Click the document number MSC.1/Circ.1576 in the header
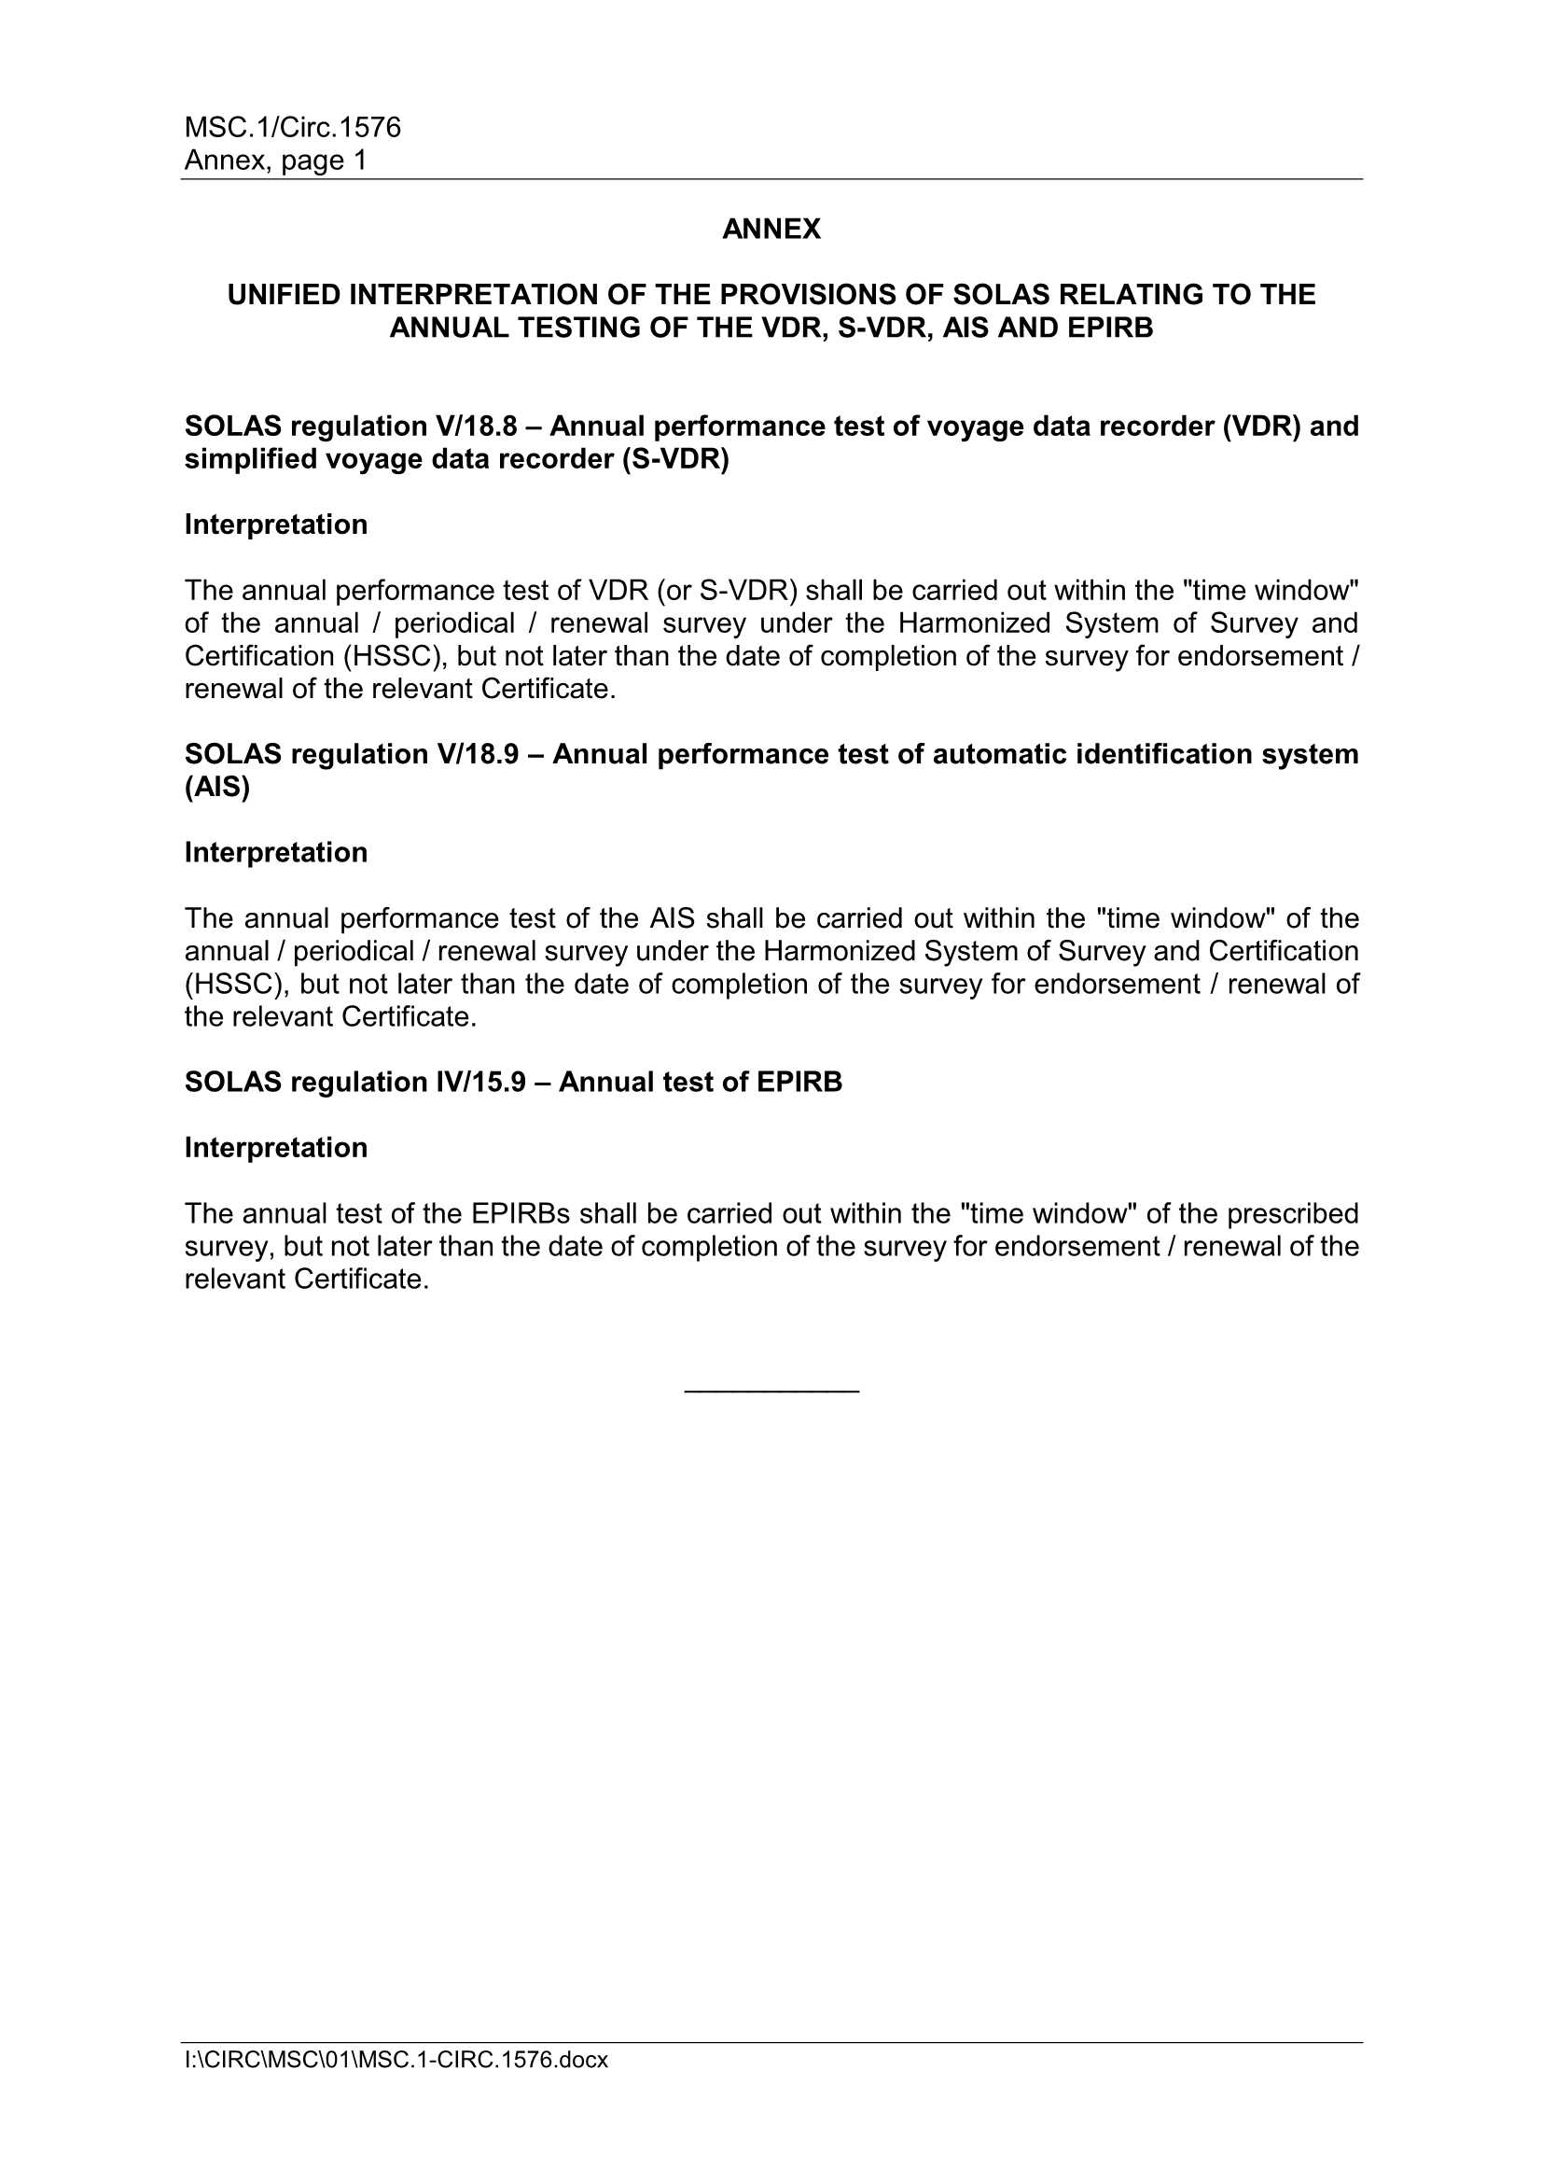(x=293, y=127)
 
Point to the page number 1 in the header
(x=360, y=160)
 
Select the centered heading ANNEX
(x=771, y=229)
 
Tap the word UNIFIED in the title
(x=284, y=295)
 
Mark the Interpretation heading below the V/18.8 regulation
(x=275, y=525)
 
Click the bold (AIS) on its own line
(x=216, y=787)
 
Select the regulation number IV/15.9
(x=480, y=1082)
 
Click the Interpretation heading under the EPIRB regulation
(x=275, y=1147)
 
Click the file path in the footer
(x=396, y=2060)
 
